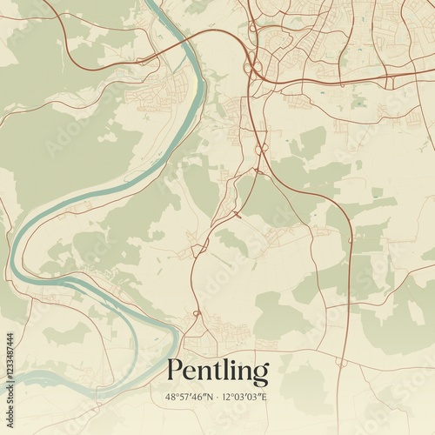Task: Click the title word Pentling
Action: [217, 371]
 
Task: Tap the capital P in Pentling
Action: [175, 371]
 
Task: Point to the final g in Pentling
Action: [260, 375]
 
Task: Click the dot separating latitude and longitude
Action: [218, 398]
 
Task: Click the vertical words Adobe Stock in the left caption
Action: [9, 296]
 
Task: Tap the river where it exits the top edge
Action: [155, 3]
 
